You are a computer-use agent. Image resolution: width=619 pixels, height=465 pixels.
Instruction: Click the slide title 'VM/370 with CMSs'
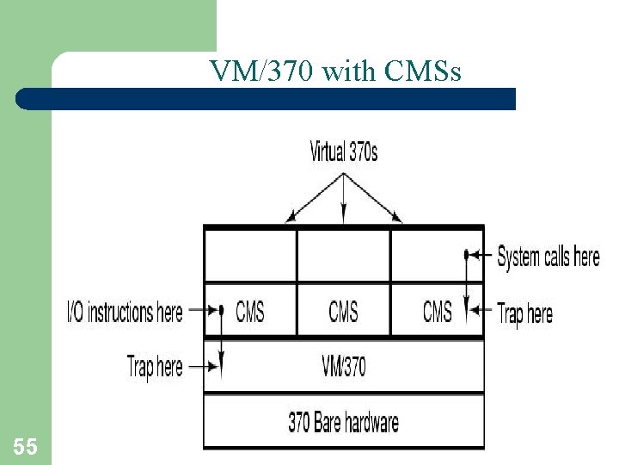pyautogui.click(x=335, y=71)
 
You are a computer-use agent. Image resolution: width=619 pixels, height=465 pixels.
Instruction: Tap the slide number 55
pyautogui.click(x=26, y=446)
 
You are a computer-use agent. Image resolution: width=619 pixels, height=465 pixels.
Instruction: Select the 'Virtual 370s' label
pyautogui.click(x=343, y=153)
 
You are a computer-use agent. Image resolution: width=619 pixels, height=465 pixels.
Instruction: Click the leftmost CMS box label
pyautogui.click(x=250, y=311)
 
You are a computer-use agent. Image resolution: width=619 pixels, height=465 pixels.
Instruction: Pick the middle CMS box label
pyautogui.click(x=343, y=311)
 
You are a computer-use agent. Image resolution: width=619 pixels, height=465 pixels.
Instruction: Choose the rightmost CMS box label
pyautogui.click(x=437, y=311)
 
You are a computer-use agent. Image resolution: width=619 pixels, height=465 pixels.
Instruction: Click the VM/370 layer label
pyautogui.click(x=343, y=366)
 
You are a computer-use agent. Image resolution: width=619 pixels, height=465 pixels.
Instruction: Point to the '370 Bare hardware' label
pyautogui.click(x=343, y=422)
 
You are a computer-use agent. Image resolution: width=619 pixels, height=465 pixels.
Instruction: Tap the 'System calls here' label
pyautogui.click(x=549, y=256)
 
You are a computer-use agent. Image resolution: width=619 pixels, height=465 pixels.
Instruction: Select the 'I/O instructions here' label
pyautogui.click(x=125, y=311)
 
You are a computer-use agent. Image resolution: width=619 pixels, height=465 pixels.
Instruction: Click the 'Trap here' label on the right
pyautogui.click(x=524, y=313)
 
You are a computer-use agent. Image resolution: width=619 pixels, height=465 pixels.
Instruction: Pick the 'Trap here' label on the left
pyautogui.click(x=155, y=366)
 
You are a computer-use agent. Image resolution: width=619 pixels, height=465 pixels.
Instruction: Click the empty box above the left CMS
pyautogui.click(x=250, y=255)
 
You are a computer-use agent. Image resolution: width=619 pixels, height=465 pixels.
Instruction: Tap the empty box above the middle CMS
pyautogui.click(x=343, y=255)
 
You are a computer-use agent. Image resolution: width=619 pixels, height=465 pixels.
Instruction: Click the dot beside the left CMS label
pyautogui.click(x=221, y=310)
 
